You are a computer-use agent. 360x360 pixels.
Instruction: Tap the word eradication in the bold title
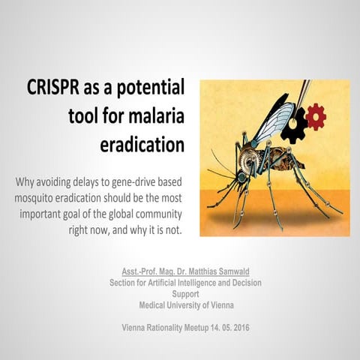click(x=142, y=144)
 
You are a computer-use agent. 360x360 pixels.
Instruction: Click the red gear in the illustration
click(x=316, y=115)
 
